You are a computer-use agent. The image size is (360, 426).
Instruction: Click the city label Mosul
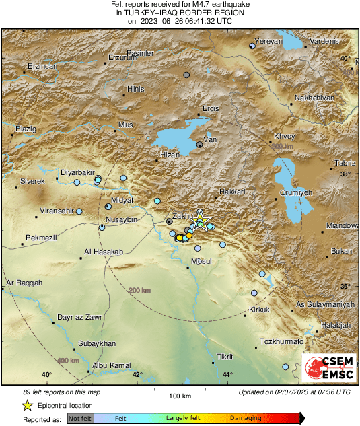click(x=202, y=260)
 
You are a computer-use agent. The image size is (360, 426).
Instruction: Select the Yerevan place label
click(x=268, y=41)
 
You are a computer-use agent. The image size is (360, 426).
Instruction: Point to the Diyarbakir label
click(x=79, y=172)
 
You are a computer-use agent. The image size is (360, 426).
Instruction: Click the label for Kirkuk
click(x=259, y=310)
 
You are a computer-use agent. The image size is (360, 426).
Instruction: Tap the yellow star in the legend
click(x=28, y=405)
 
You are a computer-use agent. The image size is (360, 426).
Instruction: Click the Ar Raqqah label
click(x=24, y=283)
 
